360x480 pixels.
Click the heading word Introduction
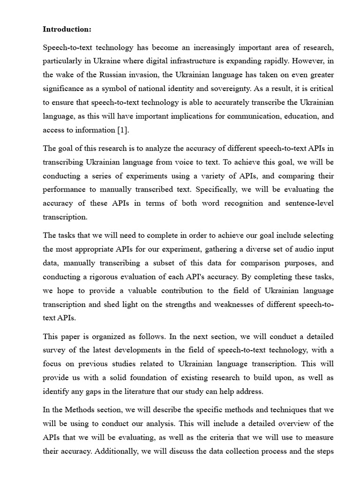67,29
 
